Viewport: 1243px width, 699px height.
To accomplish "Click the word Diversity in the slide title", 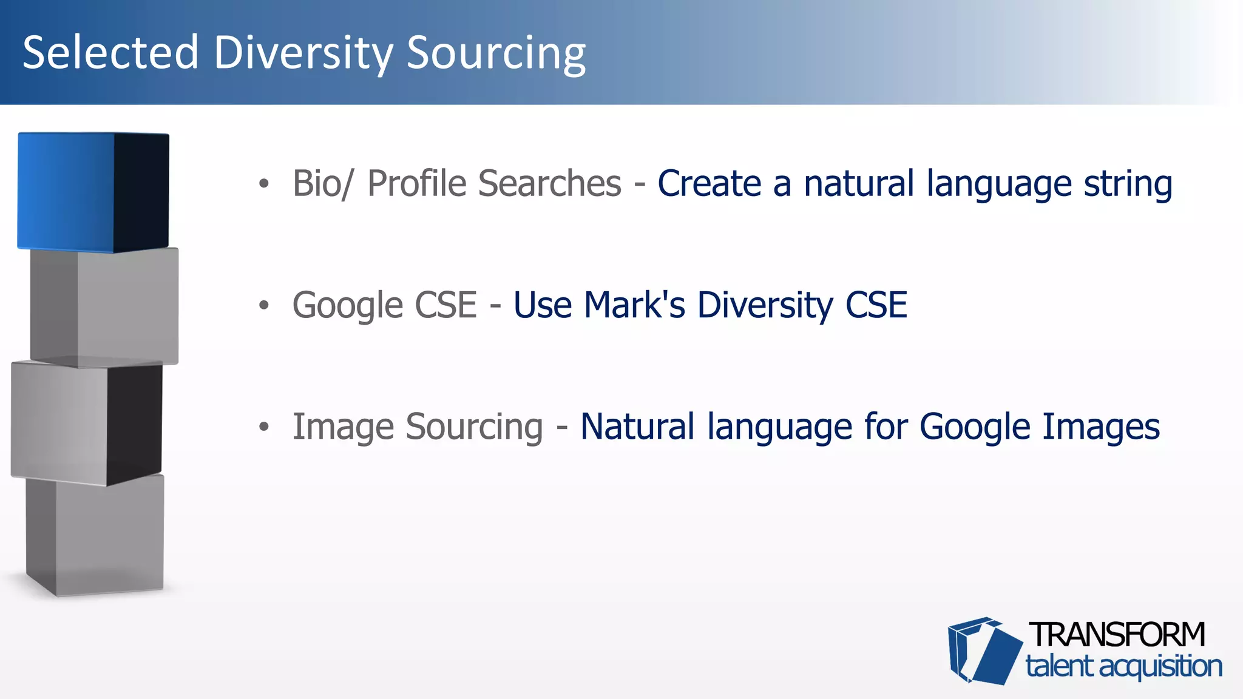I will click(x=303, y=53).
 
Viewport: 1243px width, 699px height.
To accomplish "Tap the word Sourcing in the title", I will click(x=496, y=53).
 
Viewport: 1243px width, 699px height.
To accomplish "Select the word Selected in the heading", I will click(x=110, y=53).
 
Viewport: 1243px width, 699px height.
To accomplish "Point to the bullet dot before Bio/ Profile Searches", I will click(x=263, y=184).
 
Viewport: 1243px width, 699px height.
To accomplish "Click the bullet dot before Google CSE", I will click(x=263, y=305).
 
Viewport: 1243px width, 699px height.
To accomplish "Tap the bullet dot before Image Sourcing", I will click(x=263, y=427).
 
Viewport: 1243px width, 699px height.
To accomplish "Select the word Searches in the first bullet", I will click(x=549, y=183).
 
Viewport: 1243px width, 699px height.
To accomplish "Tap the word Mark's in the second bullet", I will click(x=634, y=305).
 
